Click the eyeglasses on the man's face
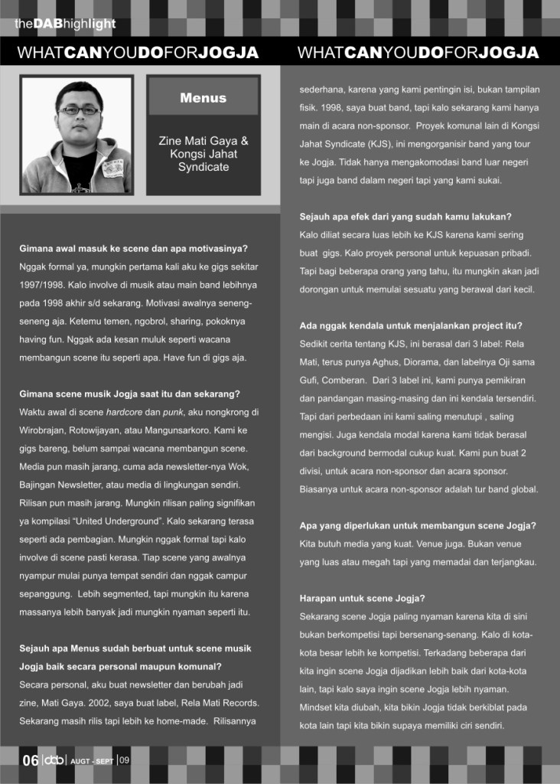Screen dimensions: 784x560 (79, 110)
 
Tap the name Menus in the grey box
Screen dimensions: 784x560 (203, 98)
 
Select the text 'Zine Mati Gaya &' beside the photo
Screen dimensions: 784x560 (203, 142)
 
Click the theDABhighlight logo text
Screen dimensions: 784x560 (65, 24)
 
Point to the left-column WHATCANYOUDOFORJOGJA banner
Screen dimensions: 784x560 (138, 53)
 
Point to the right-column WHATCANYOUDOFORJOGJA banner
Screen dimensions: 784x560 (418, 53)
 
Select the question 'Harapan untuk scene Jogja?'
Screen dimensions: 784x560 (363, 597)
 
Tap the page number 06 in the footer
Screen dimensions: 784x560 (31, 760)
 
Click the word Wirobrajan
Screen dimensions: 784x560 (45, 430)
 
